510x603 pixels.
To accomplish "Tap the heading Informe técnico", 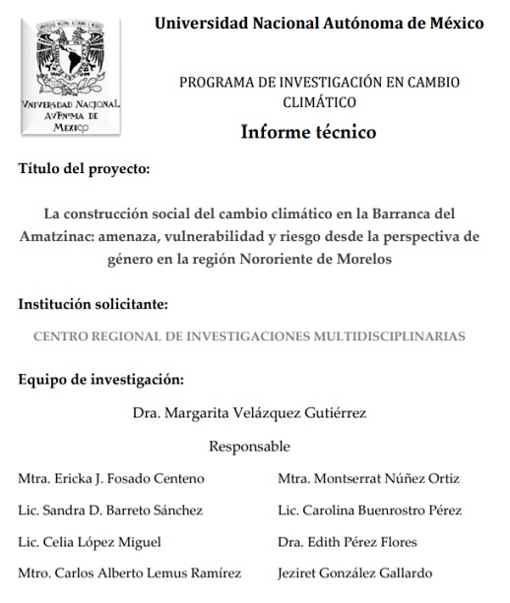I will [x=308, y=132].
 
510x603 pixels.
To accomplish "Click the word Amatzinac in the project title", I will [x=54, y=237].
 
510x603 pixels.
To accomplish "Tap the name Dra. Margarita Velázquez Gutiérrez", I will [x=249, y=413].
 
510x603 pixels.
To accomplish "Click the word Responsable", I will [x=249, y=447].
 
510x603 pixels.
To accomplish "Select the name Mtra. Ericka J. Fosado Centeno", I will [x=111, y=479].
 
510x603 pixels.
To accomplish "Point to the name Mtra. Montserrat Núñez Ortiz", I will [x=368, y=479].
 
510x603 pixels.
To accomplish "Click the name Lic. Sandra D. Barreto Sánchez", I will [x=110, y=511].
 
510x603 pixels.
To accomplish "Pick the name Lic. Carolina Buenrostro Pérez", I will [x=369, y=511].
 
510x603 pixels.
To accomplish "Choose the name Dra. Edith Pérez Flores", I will [x=347, y=542].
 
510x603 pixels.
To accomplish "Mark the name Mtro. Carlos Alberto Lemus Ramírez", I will [x=129, y=573].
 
